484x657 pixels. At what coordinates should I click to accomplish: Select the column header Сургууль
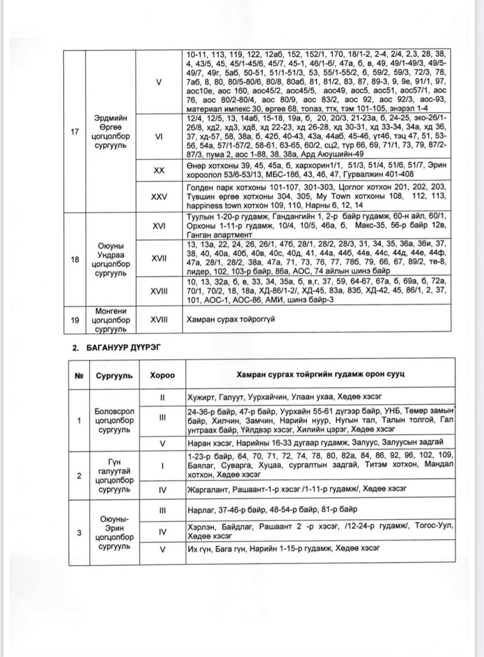pos(112,376)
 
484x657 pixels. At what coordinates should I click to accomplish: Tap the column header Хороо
pos(162,376)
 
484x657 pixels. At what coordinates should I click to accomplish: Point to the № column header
pos(80,376)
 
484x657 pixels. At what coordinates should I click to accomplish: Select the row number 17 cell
pos(76,132)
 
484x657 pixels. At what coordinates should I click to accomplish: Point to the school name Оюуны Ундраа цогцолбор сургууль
pos(112,260)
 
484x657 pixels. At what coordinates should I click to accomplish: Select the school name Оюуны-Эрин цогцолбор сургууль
pos(112,532)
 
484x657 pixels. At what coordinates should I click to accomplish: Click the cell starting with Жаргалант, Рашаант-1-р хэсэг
pos(295,488)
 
